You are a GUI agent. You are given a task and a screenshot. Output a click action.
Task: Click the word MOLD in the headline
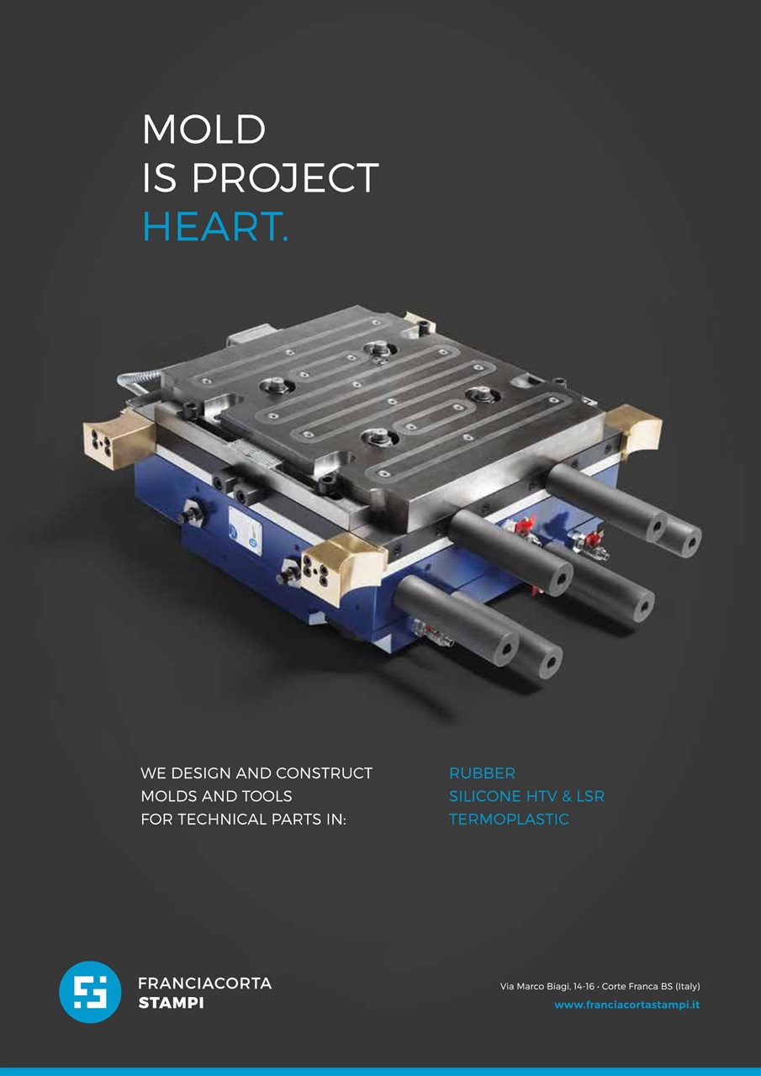[x=203, y=129]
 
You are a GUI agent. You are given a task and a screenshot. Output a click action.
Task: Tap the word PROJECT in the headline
[x=285, y=177]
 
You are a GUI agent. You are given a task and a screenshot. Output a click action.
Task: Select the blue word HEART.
[x=215, y=226]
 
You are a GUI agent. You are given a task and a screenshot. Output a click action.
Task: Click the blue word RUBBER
[x=482, y=773]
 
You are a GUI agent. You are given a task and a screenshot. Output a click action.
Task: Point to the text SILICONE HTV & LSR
[x=526, y=796]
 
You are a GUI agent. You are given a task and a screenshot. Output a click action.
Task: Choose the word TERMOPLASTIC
[x=509, y=819]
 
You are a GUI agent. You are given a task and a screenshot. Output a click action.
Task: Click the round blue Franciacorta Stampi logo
[x=90, y=992]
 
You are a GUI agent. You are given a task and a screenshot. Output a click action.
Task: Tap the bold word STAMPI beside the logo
[x=171, y=1004]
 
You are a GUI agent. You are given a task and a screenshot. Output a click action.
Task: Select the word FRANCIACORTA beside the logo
[x=205, y=984]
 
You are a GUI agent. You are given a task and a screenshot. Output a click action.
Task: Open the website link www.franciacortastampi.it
[x=627, y=1005]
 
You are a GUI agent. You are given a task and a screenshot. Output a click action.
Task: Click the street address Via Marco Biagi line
[x=600, y=986]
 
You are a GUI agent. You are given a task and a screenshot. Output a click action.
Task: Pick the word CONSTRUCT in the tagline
[x=325, y=773]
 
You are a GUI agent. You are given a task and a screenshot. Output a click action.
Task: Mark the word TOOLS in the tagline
[x=267, y=796]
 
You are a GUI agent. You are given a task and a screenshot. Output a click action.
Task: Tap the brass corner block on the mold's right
[x=635, y=429]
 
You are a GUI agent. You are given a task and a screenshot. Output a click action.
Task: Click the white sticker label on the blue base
[x=245, y=529]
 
